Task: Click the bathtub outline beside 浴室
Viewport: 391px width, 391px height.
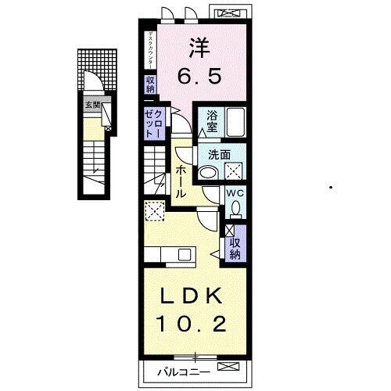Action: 235,124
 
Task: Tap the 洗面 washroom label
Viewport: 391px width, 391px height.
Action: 208,155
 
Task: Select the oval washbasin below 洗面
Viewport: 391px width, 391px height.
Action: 208,174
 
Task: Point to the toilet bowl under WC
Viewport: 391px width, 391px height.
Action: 235,209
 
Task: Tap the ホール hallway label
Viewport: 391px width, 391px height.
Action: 181,181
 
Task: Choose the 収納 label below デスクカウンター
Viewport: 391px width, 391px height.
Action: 149,84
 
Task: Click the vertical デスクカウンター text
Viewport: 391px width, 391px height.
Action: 149,49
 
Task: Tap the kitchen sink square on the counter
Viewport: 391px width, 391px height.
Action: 184,253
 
